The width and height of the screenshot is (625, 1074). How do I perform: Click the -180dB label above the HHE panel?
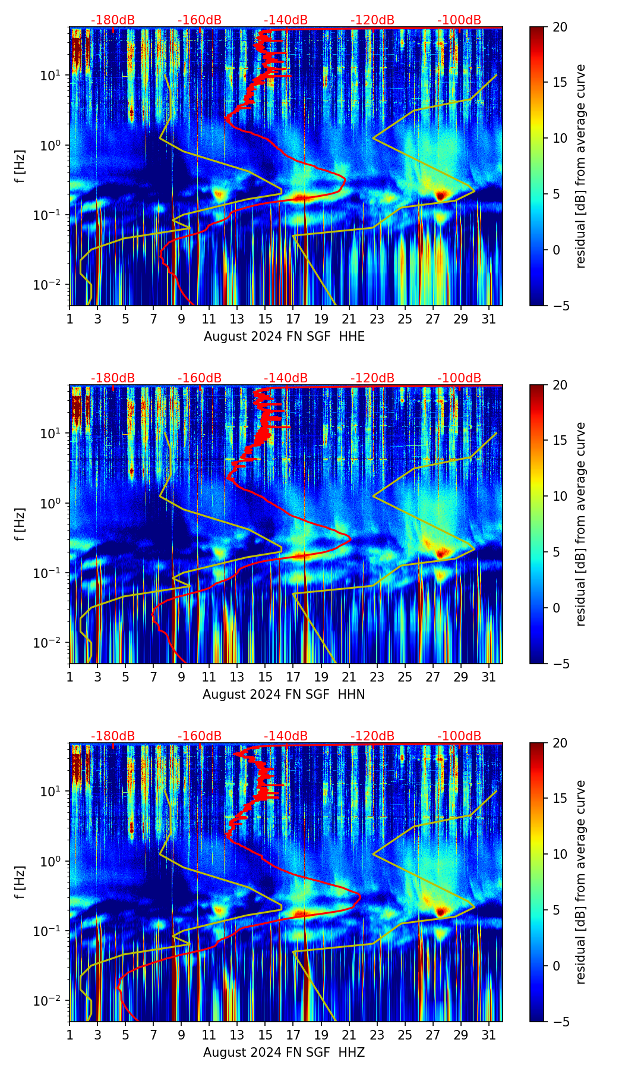113,20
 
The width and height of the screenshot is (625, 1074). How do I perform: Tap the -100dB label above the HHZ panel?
459,736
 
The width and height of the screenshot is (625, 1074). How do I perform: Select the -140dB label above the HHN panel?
286,378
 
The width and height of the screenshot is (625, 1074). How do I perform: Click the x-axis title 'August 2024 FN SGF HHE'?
284,337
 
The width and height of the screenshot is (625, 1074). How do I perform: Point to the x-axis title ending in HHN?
284,695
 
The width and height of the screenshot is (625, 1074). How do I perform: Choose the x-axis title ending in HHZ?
284,1053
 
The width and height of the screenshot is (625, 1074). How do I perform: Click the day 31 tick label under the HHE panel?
489,319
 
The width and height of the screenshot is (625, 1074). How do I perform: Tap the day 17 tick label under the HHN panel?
293,677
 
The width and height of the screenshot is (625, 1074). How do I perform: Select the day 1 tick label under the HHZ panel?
70,1035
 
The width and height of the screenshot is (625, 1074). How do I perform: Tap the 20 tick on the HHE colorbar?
559,27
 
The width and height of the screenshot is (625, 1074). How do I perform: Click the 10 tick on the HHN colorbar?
559,496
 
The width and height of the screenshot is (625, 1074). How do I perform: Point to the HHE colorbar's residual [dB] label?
580,166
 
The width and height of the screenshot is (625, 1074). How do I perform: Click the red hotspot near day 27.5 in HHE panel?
440,194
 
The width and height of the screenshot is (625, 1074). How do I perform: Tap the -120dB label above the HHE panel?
373,20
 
